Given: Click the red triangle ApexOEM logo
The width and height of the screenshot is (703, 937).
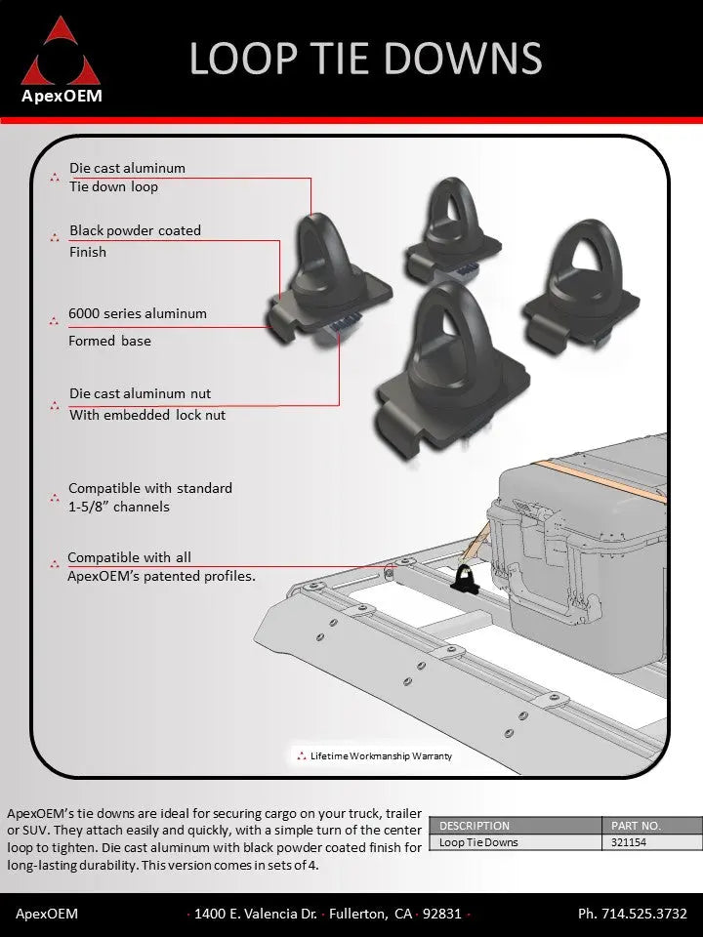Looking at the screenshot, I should click(62, 54).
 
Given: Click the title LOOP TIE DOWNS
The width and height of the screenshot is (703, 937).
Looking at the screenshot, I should click(365, 58).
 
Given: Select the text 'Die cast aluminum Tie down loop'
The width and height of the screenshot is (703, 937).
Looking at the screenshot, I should click(127, 177).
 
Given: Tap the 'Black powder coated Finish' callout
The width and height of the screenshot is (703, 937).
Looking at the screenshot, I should click(135, 241).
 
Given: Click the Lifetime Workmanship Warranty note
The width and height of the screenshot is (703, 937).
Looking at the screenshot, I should click(380, 755).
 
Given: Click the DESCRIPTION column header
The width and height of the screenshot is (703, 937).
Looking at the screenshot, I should click(475, 826).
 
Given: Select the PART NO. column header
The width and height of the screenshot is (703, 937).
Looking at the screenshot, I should click(636, 826).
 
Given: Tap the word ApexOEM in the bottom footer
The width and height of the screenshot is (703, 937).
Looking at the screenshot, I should click(47, 914).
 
